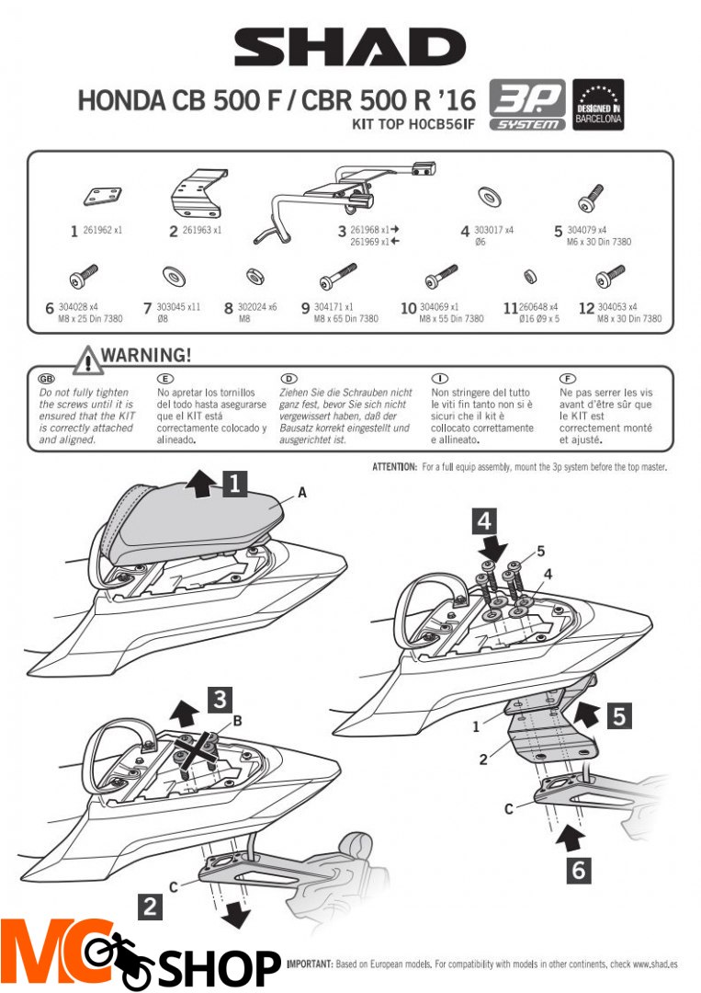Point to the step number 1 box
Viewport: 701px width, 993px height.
coord(236,484)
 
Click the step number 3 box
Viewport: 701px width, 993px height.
coord(218,700)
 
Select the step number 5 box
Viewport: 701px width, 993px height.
coord(621,716)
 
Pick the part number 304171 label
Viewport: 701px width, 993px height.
coord(331,307)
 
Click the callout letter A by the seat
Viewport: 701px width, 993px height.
coord(302,494)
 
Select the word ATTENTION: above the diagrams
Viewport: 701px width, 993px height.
coord(395,468)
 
